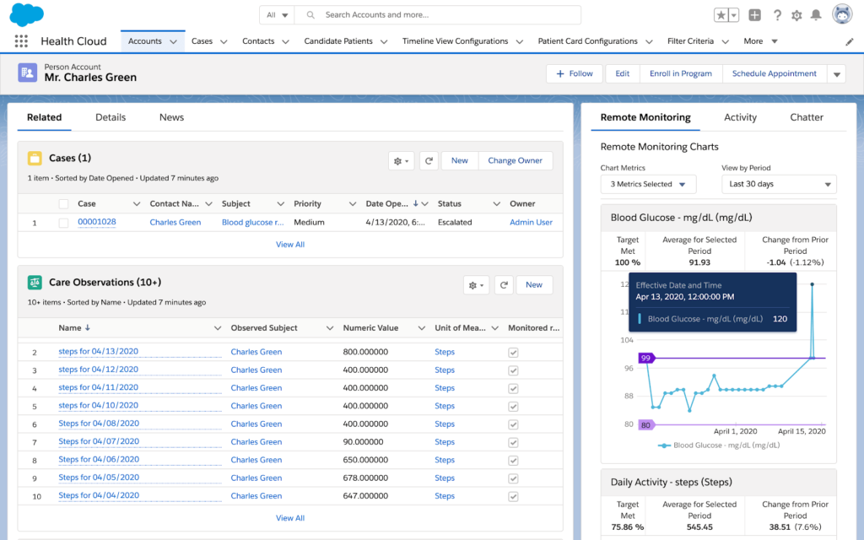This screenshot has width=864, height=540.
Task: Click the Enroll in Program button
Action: pyautogui.click(x=680, y=73)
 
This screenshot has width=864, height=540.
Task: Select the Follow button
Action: pyautogui.click(x=574, y=73)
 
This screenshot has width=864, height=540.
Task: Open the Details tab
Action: pyautogui.click(x=111, y=117)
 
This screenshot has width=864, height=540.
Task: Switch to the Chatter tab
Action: pyautogui.click(x=806, y=117)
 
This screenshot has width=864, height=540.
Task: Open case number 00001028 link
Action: pyautogui.click(x=97, y=222)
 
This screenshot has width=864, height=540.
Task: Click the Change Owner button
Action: pyautogui.click(x=515, y=160)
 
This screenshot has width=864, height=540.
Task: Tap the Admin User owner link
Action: pyautogui.click(x=531, y=222)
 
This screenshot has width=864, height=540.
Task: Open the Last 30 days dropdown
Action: pyautogui.click(x=778, y=184)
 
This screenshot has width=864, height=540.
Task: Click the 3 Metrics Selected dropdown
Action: pyautogui.click(x=648, y=184)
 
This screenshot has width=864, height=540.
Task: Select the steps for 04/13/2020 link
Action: pyautogui.click(x=99, y=352)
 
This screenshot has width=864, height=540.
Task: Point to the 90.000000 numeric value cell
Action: pyautogui.click(x=363, y=442)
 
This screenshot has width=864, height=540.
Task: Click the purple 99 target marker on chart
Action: pyautogui.click(x=646, y=358)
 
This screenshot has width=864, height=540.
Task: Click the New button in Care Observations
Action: pyautogui.click(x=534, y=284)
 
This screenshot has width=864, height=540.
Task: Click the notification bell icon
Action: pyautogui.click(x=815, y=15)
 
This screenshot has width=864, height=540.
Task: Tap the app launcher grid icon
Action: pyautogui.click(x=21, y=41)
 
